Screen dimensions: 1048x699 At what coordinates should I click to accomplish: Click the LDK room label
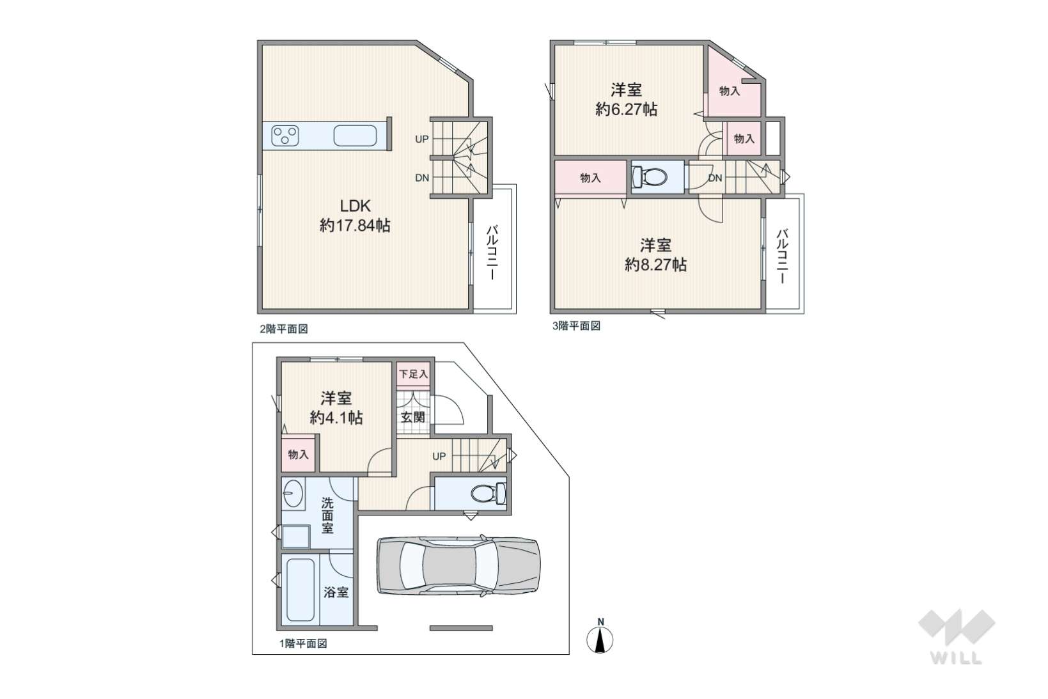(x=355, y=206)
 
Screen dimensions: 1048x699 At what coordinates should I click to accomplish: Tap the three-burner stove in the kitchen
(x=285, y=136)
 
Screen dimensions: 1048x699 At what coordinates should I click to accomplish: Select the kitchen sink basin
(x=355, y=136)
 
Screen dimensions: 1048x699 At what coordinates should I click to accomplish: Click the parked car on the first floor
(x=458, y=566)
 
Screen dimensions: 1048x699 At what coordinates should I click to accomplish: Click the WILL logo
(x=957, y=636)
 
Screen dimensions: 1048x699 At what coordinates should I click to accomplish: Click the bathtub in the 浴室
(x=300, y=590)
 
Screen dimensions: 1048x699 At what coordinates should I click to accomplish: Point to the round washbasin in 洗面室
(x=293, y=494)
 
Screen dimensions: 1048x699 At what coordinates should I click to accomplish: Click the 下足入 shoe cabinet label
(x=413, y=374)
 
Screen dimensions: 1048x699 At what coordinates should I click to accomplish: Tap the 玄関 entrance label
(x=413, y=416)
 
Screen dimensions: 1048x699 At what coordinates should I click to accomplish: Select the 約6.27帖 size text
(x=627, y=109)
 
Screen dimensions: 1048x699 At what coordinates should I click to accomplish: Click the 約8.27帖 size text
(x=656, y=265)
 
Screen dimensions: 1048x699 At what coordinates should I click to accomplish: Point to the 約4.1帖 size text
(x=336, y=418)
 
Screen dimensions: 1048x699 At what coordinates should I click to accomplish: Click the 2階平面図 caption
(x=284, y=329)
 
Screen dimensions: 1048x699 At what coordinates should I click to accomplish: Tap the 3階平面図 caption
(x=576, y=326)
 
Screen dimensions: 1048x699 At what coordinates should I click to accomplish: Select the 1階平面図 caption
(x=303, y=643)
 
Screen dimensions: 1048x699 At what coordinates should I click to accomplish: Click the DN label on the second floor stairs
(x=422, y=178)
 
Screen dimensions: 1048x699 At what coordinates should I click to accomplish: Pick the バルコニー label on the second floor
(x=492, y=253)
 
